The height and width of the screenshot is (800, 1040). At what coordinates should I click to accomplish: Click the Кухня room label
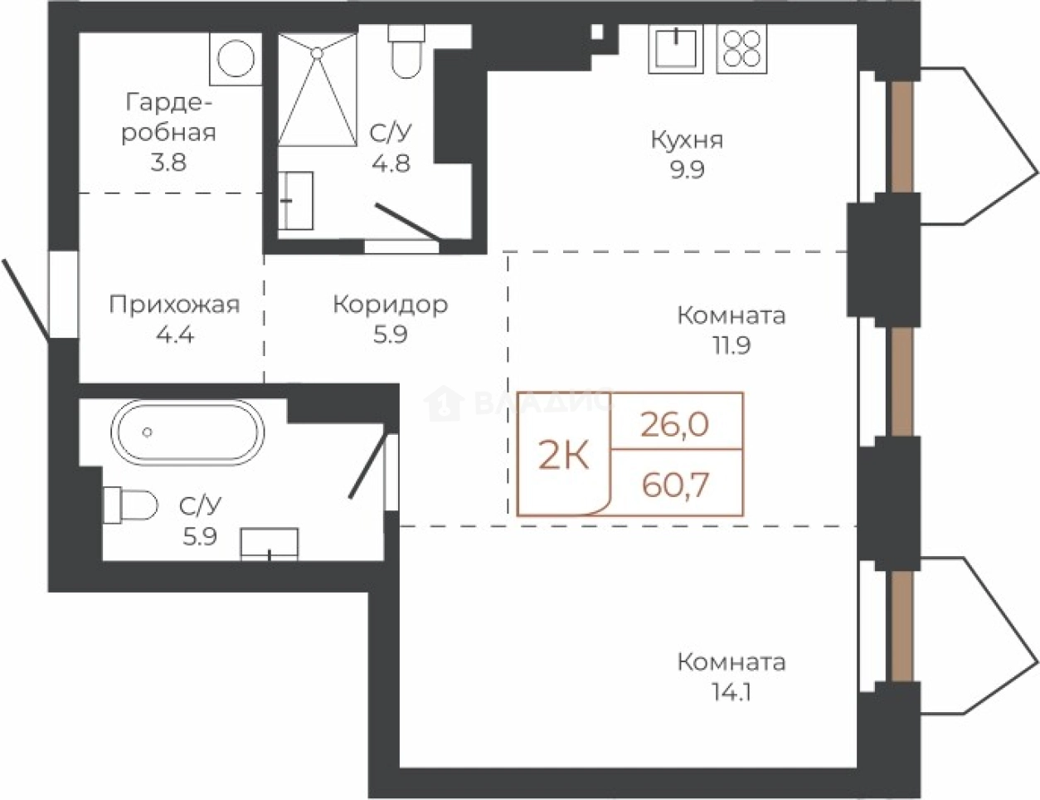[x=687, y=140]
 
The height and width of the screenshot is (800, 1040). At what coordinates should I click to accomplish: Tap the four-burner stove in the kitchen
[x=741, y=48]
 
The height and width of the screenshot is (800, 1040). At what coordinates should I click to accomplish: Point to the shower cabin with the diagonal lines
[x=318, y=90]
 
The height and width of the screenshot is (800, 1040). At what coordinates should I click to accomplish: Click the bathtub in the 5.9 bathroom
[x=187, y=432]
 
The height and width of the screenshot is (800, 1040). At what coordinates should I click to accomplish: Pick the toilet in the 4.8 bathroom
[x=406, y=51]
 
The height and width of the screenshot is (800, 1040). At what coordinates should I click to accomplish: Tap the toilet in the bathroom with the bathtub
[x=130, y=505]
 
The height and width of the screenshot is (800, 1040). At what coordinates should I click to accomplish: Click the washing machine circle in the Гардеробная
[x=236, y=59]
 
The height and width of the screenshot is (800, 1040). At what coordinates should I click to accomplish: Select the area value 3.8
[x=168, y=163]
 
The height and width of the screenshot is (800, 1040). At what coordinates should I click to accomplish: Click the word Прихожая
[x=174, y=305]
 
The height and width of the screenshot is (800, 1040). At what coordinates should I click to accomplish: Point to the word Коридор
[x=391, y=305]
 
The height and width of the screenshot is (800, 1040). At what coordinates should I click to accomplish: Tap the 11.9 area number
[x=731, y=345]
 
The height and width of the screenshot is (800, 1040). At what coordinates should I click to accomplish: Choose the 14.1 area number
[x=731, y=692]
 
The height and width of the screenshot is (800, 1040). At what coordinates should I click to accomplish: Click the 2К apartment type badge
[x=563, y=456]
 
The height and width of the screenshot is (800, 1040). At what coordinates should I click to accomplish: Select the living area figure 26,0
[x=675, y=424]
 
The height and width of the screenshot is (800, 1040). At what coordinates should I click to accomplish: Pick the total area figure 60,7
[x=675, y=485]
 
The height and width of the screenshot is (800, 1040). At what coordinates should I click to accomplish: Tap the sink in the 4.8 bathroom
[x=296, y=201]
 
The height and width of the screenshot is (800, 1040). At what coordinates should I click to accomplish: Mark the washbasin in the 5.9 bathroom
[x=269, y=544]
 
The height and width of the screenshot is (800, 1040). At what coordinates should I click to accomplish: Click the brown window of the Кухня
[x=902, y=138]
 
